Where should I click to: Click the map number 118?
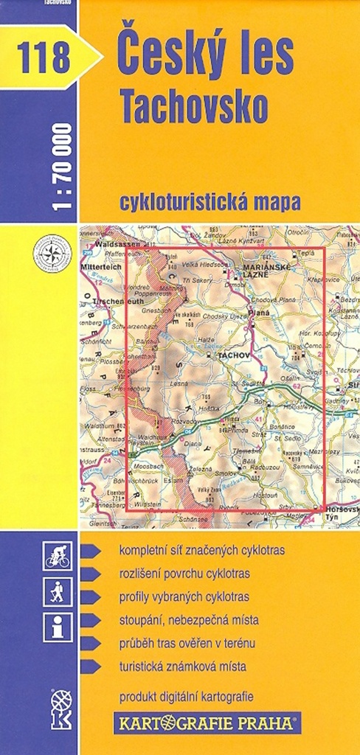tap(45, 57)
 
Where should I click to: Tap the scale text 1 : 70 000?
tap(63, 167)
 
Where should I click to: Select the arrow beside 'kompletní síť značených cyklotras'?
tap(91, 551)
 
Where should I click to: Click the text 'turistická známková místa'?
tap(182, 667)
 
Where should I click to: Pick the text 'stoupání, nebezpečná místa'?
tap(188, 619)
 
